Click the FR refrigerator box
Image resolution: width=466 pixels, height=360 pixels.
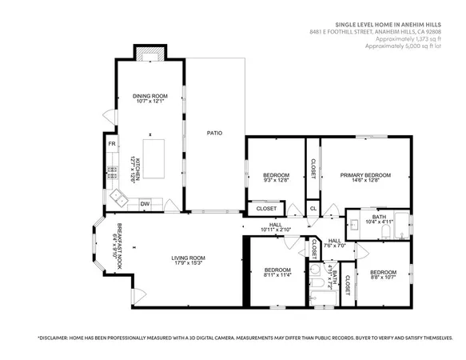coord(112,144)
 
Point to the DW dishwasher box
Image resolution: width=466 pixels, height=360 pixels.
coord(145,204)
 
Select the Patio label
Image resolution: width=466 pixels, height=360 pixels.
coord(214,133)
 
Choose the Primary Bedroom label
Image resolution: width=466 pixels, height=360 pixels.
coord(365,174)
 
